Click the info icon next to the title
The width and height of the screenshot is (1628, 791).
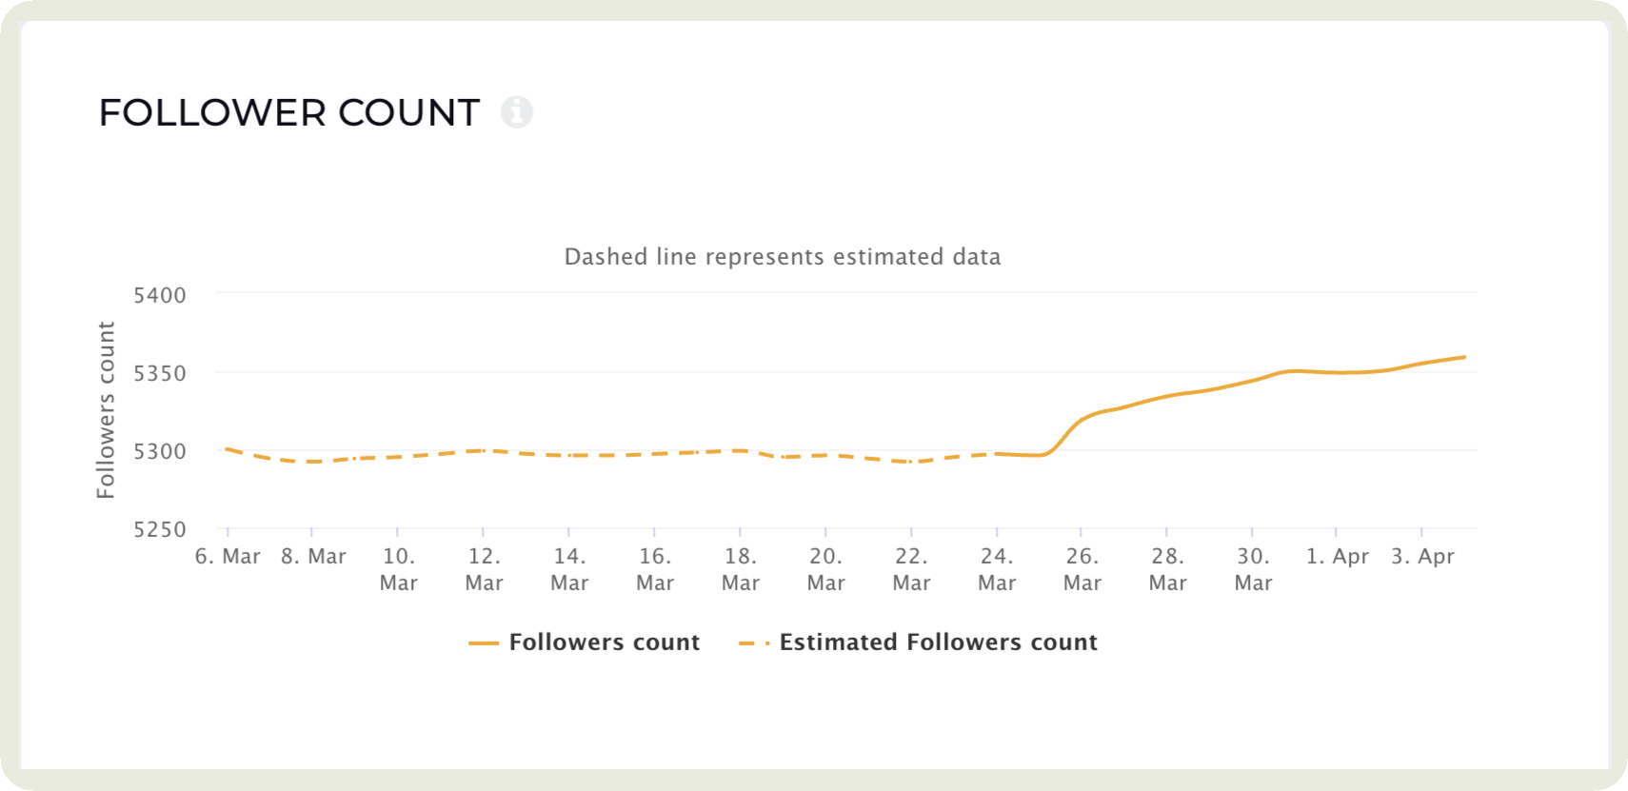pyautogui.click(x=517, y=112)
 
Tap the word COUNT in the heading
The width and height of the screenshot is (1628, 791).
pyautogui.click(x=408, y=113)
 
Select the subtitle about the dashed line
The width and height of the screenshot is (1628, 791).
pyautogui.click(x=782, y=257)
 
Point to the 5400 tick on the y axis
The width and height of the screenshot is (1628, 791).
pyautogui.click(x=160, y=295)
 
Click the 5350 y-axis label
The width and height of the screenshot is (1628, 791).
pyautogui.click(x=160, y=373)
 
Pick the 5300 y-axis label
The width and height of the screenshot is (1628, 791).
pyautogui.click(x=160, y=451)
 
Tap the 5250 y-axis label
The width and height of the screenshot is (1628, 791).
pyautogui.click(x=160, y=529)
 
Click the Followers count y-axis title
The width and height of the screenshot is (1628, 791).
pyautogui.click(x=106, y=409)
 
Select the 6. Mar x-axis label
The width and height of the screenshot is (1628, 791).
pyautogui.click(x=228, y=557)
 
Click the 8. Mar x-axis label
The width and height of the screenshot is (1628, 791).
pyautogui.click(x=313, y=557)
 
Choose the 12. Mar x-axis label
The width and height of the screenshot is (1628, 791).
pyautogui.click(x=484, y=569)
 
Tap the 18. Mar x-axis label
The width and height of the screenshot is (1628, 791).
pyautogui.click(x=741, y=569)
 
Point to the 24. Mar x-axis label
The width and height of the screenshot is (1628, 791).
pyautogui.click(x=997, y=569)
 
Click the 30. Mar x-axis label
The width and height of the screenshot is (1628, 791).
pyautogui.click(x=1253, y=569)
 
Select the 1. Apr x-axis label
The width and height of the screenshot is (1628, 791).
pyautogui.click(x=1337, y=557)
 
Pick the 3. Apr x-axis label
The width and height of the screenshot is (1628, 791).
pyautogui.click(x=1422, y=557)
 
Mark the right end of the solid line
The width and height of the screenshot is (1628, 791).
pyautogui.click(x=1464, y=357)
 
